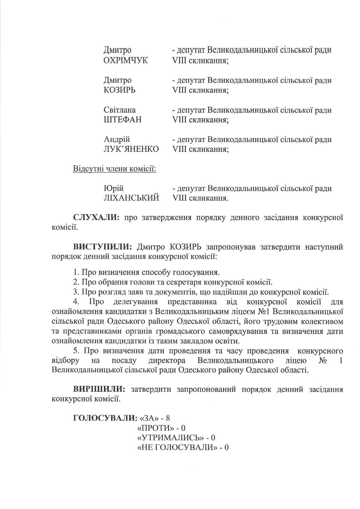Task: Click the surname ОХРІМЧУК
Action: [125, 60]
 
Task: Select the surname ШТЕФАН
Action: [123, 120]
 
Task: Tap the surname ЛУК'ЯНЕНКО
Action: [131, 149]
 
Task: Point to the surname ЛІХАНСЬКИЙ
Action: [131, 198]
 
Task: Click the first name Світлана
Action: [120, 110]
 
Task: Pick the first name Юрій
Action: [114, 188]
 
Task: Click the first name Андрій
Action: [117, 139]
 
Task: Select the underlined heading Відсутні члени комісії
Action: [114, 169]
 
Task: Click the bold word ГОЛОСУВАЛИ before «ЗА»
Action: [105, 418]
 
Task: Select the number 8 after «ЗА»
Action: [168, 418]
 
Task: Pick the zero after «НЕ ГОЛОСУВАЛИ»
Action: [227, 447]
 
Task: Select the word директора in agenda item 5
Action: [167, 361]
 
